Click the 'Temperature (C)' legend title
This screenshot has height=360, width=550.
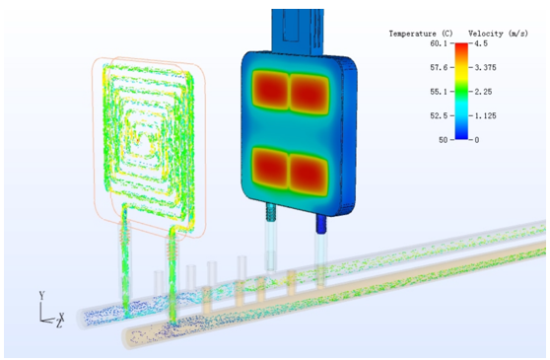tap(421, 34)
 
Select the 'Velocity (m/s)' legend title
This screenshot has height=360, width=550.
tap(498, 34)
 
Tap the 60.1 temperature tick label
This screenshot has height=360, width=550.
tap(439, 43)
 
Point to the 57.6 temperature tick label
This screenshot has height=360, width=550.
tap(439, 67)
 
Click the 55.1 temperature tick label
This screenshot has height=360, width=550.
tap(439, 92)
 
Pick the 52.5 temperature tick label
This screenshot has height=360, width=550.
tap(439, 115)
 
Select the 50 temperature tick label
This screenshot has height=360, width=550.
tap(443, 140)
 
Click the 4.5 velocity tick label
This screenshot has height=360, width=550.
tap(481, 43)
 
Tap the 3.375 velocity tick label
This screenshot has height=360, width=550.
tap(486, 67)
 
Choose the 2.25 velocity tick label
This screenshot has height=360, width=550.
tap(483, 92)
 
